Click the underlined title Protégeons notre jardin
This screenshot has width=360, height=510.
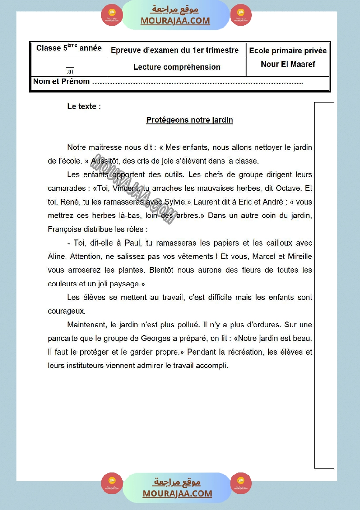(x=189, y=120)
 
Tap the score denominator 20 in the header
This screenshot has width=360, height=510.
(x=70, y=72)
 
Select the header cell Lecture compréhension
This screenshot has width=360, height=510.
(x=177, y=67)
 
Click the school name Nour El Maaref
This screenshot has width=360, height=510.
(x=288, y=64)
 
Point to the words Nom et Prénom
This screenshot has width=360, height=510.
(x=62, y=82)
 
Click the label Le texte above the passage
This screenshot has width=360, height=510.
(x=84, y=106)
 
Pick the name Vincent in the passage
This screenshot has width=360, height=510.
(x=125, y=188)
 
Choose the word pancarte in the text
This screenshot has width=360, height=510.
(x=63, y=338)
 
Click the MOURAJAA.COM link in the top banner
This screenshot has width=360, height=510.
(x=175, y=21)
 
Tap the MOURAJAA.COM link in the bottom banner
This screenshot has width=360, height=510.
(x=177, y=493)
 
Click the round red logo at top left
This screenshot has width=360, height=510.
(x=112, y=16)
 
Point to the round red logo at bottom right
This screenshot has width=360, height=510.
(x=241, y=483)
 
